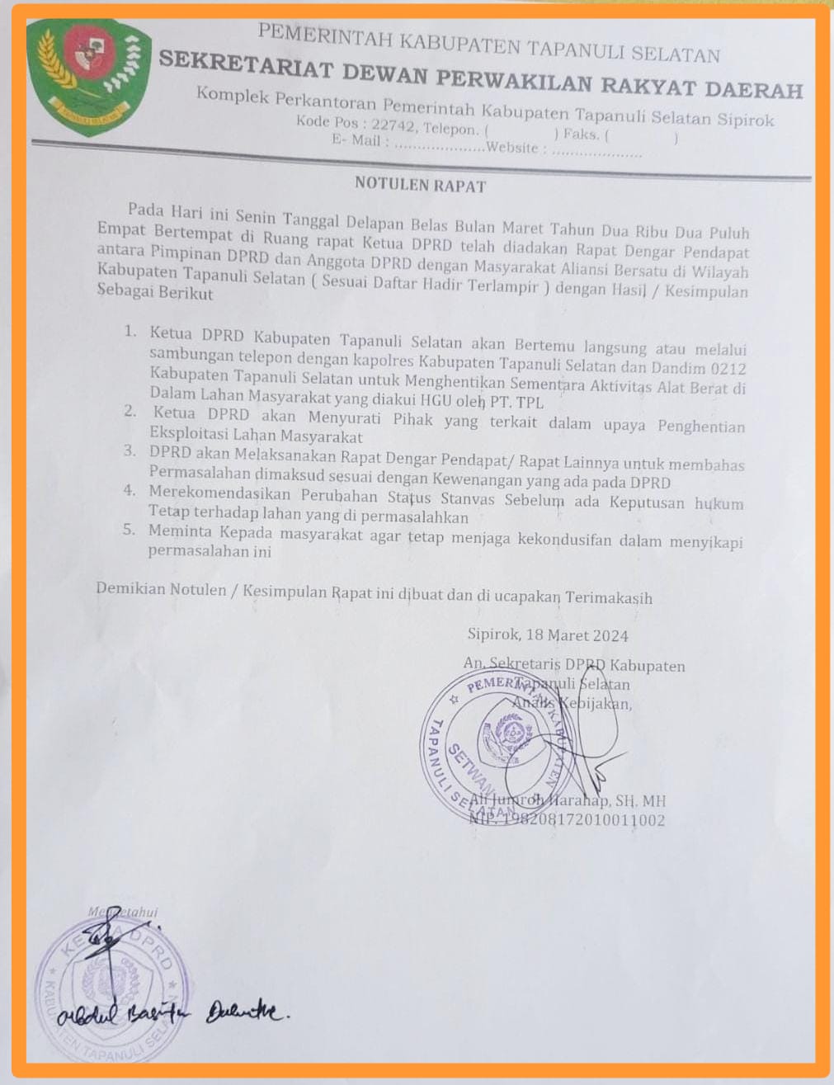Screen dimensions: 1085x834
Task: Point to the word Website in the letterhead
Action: [x=512, y=148]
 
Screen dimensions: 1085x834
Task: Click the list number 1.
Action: [x=130, y=332]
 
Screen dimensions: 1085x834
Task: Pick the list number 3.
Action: [x=130, y=451]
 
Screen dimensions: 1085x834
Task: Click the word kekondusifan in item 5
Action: [x=569, y=540]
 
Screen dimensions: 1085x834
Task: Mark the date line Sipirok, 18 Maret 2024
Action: [x=547, y=635]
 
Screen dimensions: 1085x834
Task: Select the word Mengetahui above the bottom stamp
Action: [x=122, y=912]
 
